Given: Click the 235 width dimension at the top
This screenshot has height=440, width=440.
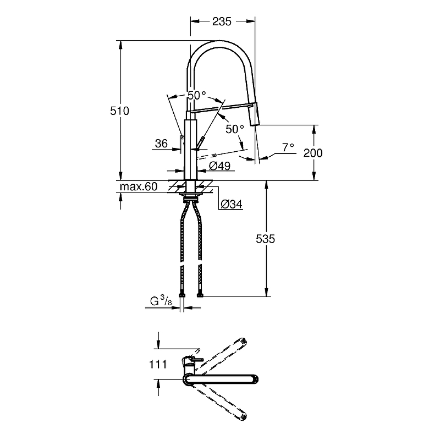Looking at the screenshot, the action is [222, 21].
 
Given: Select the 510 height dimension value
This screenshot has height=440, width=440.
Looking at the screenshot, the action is [119, 111].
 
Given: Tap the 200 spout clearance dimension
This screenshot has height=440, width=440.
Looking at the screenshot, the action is [313, 153].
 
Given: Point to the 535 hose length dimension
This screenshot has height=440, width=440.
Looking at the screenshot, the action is [265, 239].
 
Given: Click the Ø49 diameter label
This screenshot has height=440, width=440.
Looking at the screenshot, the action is [220, 166].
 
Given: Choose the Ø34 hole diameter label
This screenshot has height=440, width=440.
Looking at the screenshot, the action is [232, 204].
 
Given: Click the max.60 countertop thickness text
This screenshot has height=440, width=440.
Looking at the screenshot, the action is [139, 186].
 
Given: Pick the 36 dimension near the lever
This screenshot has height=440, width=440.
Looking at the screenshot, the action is [161, 144].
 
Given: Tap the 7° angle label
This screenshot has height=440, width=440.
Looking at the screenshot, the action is [288, 147].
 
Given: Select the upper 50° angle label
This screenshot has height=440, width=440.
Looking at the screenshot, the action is [197, 95].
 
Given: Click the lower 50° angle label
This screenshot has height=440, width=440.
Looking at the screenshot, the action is [235, 129].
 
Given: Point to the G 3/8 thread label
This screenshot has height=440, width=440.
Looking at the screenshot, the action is [161, 301].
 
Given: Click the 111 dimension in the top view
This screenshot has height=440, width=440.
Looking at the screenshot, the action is [158, 364].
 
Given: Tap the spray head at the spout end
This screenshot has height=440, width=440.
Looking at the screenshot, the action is [254, 114].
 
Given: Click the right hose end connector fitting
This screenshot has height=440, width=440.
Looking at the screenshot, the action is [200, 295].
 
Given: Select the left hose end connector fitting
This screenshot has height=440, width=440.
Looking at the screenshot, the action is [182, 295].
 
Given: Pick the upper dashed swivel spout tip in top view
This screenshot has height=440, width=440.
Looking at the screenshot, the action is [243, 341].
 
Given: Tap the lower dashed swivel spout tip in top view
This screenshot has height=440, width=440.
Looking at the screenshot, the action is [243, 417].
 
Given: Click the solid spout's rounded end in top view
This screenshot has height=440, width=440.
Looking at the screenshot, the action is [255, 379].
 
